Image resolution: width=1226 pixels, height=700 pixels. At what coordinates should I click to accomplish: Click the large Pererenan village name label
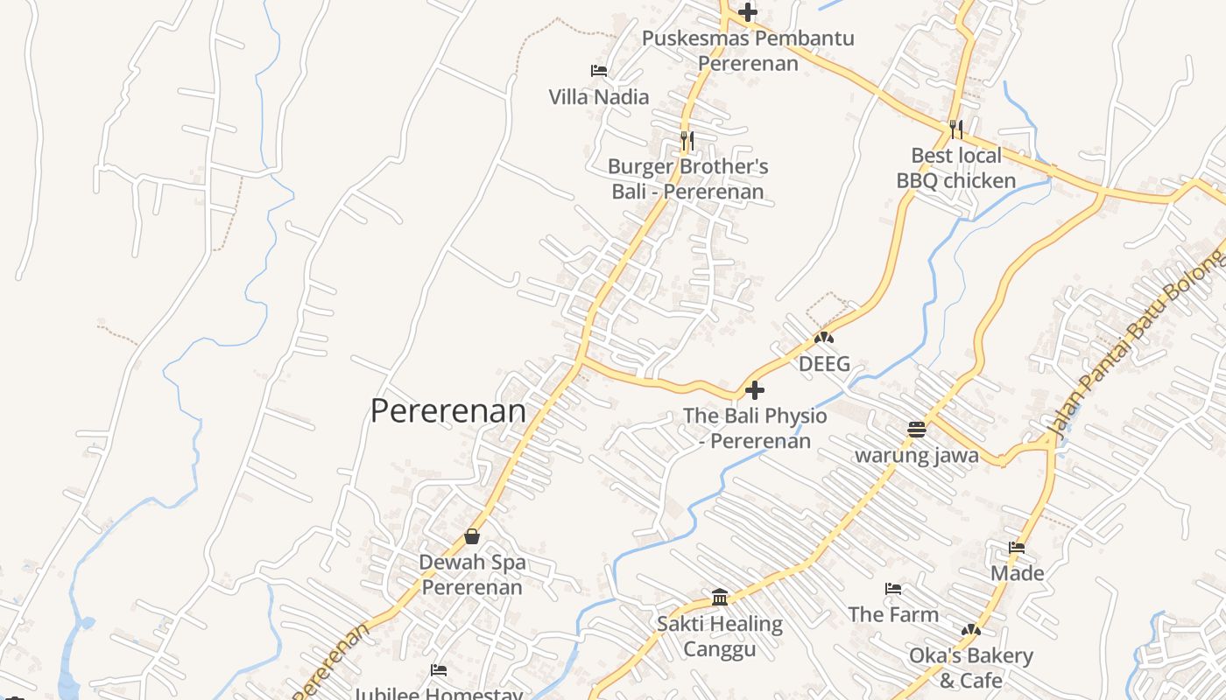[447, 410]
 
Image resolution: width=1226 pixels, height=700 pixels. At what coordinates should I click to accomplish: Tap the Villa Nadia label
[599, 96]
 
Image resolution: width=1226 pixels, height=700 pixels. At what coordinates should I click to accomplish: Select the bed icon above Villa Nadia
[599, 71]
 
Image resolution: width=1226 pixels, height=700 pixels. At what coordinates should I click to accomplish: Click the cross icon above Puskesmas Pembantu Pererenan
[747, 12]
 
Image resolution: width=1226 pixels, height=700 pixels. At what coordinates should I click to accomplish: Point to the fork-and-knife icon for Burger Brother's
[687, 140]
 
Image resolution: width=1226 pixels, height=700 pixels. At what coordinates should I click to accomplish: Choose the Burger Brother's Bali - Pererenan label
[687, 178]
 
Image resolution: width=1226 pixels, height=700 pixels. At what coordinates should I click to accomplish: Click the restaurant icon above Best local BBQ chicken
[956, 129]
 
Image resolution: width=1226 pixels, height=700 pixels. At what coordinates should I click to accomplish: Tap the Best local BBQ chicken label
[956, 168]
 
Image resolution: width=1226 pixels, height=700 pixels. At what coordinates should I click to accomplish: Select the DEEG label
[824, 364]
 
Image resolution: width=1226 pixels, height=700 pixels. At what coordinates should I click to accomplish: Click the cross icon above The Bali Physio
[754, 390]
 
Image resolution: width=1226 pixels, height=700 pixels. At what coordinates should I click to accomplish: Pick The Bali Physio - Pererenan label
[755, 428]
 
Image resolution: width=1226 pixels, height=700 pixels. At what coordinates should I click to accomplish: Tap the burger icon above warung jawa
[917, 430]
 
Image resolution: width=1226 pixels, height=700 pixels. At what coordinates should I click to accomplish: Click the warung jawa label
[917, 455]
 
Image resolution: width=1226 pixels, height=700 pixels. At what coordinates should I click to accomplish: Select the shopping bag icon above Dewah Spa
[472, 536]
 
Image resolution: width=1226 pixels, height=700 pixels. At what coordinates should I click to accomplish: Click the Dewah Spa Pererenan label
[472, 574]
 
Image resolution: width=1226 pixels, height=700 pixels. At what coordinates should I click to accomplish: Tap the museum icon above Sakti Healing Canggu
[720, 598]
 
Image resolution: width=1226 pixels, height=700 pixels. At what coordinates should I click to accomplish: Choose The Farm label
[893, 614]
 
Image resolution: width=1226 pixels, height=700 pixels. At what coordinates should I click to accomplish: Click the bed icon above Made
[1017, 548]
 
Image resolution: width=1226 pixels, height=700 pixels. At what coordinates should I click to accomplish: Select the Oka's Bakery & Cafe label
[970, 668]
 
